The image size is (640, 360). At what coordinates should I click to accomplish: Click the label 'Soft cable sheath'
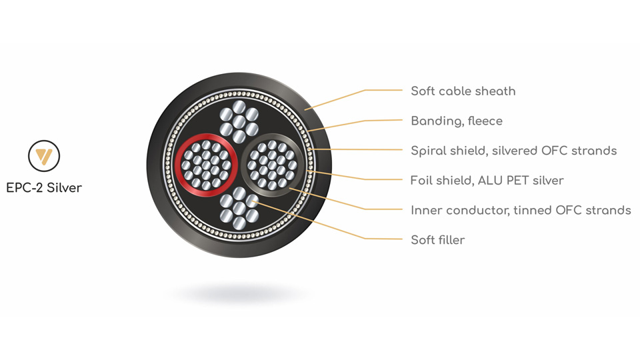(x=463, y=91)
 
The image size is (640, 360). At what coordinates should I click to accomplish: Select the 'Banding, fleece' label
(x=456, y=121)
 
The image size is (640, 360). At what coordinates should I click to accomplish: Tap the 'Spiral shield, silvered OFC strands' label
(x=513, y=151)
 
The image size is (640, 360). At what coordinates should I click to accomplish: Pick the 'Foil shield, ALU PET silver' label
(x=487, y=181)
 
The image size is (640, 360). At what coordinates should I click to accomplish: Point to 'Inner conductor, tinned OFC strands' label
(x=521, y=210)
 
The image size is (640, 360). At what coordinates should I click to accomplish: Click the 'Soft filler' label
(x=437, y=240)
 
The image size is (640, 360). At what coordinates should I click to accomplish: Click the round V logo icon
(x=44, y=156)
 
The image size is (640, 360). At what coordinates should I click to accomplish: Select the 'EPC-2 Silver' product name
(x=44, y=188)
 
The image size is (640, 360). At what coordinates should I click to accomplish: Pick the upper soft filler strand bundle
(x=239, y=121)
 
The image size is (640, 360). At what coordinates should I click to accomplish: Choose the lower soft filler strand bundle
(x=239, y=208)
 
